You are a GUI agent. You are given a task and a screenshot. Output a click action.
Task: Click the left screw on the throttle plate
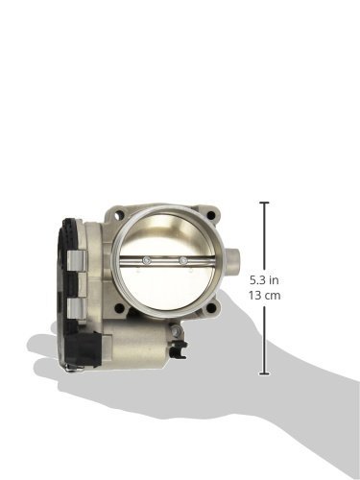click(x=144, y=260)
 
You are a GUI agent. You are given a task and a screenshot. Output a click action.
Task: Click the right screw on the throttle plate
click(x=182, y=260)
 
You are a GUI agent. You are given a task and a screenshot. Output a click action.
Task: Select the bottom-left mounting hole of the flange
click(x=118, y=309)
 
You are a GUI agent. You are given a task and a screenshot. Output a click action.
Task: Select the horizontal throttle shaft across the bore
click(x=163, y=260)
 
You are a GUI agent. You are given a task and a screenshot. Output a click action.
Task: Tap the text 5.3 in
click(x=266, y=279)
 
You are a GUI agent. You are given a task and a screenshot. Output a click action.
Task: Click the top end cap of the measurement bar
click(x=264, y=204)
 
